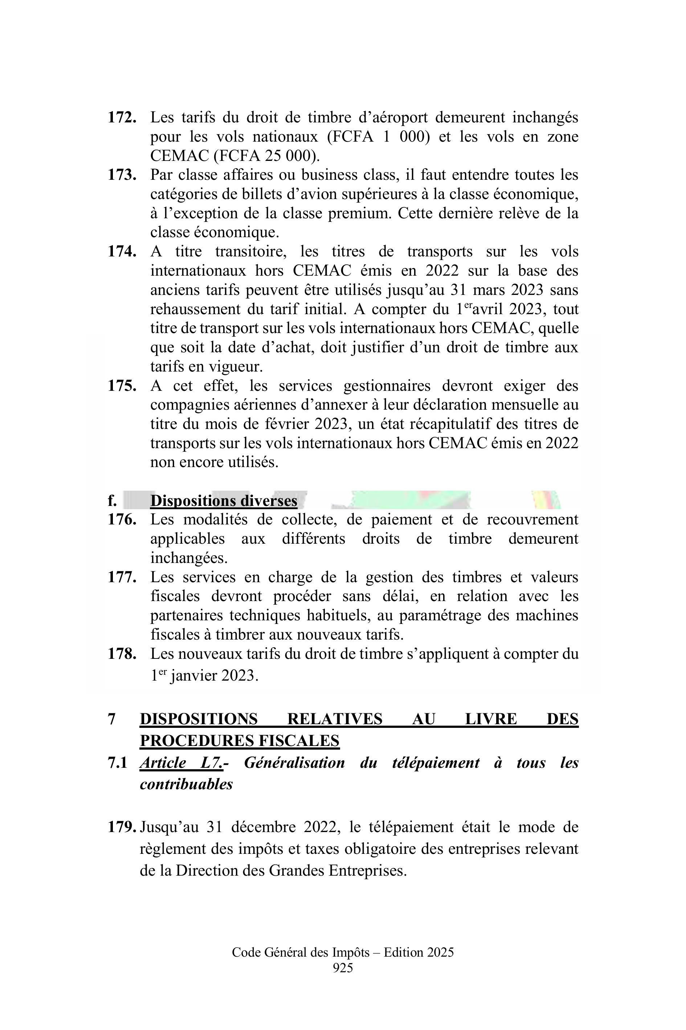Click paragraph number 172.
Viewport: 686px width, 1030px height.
point(122,118)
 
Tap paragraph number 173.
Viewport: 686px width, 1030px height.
point(122,175)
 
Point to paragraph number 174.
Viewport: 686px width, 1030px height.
point(122,252)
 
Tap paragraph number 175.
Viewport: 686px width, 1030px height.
point(122,386)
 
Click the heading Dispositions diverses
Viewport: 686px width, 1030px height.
point(224,501)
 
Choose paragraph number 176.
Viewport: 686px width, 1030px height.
point(122,520)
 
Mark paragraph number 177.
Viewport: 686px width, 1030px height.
point(122,577)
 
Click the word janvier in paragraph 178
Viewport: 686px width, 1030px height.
point(193,676)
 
